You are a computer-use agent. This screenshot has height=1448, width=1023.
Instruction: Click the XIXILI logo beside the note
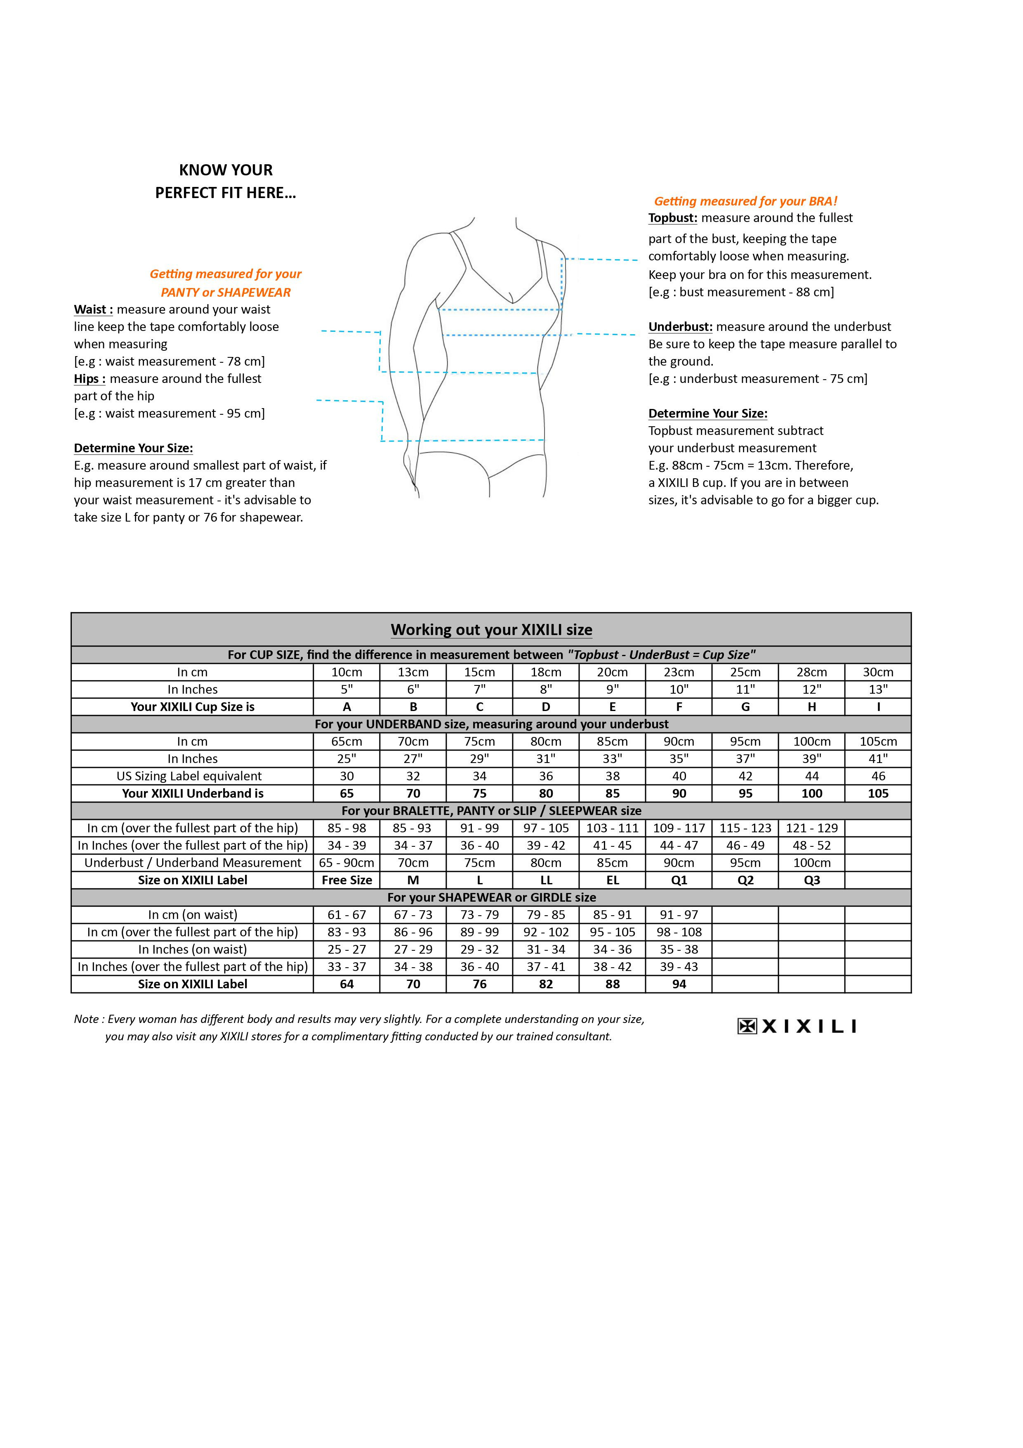[797, 1026]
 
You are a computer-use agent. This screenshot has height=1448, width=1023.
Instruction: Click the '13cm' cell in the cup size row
[413, 672]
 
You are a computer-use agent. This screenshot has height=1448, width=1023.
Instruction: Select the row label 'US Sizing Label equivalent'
[192, 776]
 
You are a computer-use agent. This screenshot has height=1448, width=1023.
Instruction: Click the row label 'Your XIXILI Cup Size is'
[192, 707]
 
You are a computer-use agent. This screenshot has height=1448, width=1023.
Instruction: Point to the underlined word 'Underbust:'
[680, 327]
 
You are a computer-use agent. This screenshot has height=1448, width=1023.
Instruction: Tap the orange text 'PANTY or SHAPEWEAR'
[226, 293]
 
